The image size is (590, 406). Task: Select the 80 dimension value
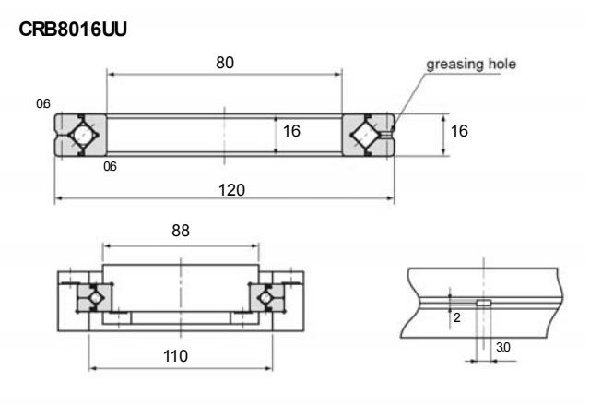[224, 62]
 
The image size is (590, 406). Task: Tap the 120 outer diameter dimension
[224, 188]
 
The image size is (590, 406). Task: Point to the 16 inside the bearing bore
[291, 132]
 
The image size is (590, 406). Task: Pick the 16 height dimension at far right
[458, 132]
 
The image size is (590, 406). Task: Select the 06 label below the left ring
[110, 167]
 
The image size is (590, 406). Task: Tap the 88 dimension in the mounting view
[181, 232]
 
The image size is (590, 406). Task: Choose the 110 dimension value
[181, 355]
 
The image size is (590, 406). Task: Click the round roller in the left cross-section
[82, 134]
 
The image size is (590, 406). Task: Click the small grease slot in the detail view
[483, 302]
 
